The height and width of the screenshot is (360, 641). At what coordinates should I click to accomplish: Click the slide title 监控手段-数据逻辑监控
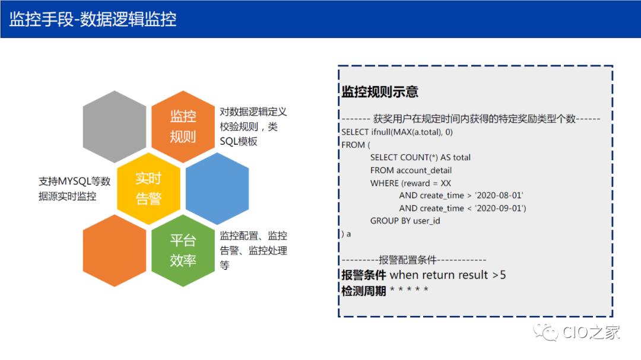point(93,19)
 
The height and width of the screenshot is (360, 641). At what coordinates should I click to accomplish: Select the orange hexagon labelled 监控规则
point(183,126)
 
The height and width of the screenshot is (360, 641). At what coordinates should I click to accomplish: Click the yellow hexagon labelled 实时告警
point(148,188)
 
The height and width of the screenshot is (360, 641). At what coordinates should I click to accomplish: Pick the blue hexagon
point(217,188)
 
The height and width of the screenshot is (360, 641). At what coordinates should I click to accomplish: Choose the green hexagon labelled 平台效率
point(183,250)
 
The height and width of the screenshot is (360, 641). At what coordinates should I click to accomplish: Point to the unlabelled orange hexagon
point(115,250)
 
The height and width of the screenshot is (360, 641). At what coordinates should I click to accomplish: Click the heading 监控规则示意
point(380,92)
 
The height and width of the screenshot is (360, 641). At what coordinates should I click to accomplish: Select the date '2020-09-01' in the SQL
point(500,208)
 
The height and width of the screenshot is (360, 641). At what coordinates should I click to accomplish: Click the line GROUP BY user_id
point(405,221)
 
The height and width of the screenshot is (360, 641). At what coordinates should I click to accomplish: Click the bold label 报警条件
point(364,275)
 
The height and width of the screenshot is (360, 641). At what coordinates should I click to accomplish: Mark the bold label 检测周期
point(364,291)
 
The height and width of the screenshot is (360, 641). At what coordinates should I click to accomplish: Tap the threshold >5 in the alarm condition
point(499,275)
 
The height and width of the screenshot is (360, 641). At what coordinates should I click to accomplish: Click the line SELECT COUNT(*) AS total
point(420,158)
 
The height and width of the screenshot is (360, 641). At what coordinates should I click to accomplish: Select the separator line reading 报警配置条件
point(414,260)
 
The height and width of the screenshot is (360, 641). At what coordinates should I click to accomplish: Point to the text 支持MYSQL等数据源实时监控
point(74,189)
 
